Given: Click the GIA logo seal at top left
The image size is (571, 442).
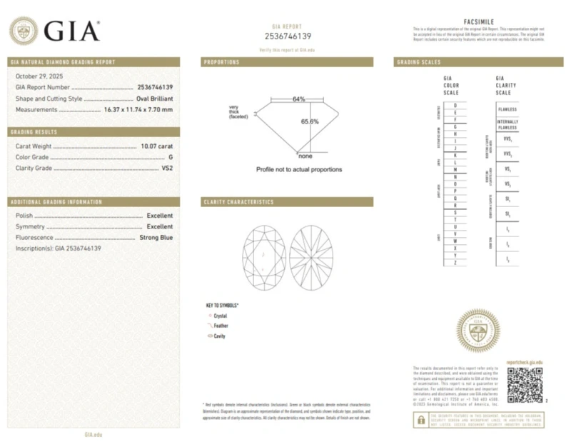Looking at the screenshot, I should point(24,31).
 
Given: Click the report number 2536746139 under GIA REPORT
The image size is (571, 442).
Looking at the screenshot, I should point(288,36).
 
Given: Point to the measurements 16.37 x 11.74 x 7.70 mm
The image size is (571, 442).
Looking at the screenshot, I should point(138,110).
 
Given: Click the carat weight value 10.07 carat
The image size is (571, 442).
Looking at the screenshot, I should point(156,146).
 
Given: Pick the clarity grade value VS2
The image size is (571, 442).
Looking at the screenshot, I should point(167,168).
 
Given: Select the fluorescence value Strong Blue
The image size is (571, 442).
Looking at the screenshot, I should point(156,237).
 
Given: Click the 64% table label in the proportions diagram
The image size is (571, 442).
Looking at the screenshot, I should point(298,99).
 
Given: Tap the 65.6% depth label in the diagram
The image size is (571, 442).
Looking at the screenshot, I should point(309,121).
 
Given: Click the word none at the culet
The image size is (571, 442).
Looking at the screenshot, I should point(305,156).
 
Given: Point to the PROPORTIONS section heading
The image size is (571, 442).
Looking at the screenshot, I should point(222,62).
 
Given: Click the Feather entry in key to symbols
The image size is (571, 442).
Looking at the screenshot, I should point(221,325).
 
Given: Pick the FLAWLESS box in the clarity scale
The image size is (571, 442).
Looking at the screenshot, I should point(507,109).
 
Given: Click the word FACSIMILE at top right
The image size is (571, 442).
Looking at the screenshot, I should point(477,23).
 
